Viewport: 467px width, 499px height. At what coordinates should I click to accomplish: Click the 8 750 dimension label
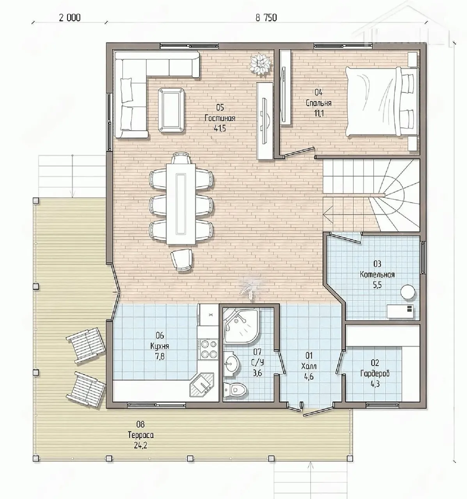click(x=266, y=18)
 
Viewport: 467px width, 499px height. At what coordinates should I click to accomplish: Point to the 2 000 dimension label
click(x=70, y=18)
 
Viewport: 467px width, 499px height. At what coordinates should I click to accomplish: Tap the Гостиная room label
click(x=220, y=118)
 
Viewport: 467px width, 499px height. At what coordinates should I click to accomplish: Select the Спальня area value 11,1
click(x=319, y=113)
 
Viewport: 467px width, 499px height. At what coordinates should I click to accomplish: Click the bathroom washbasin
click(x=231, y=364)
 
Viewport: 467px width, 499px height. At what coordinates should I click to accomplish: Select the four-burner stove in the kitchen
click(x=208, y=349)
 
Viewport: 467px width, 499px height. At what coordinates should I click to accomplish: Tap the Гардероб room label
click(x=375, y=373)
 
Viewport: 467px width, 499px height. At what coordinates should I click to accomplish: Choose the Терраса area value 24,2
click(x=140, y=446)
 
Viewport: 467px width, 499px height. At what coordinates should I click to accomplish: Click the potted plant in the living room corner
click(x=261, y=64)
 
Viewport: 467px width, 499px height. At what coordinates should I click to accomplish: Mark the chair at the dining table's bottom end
click(x=181, y=260)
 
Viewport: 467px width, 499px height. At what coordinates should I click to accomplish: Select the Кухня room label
click(x=160, y=346)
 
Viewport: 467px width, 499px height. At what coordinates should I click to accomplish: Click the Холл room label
click(x=309, y=366)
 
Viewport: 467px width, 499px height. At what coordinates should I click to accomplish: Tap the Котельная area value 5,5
click(x=377, y=285)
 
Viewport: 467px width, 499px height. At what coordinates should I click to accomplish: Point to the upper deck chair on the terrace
click(x=86, y=345)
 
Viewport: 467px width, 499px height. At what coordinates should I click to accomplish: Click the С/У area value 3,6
click(x=257, y=373)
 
